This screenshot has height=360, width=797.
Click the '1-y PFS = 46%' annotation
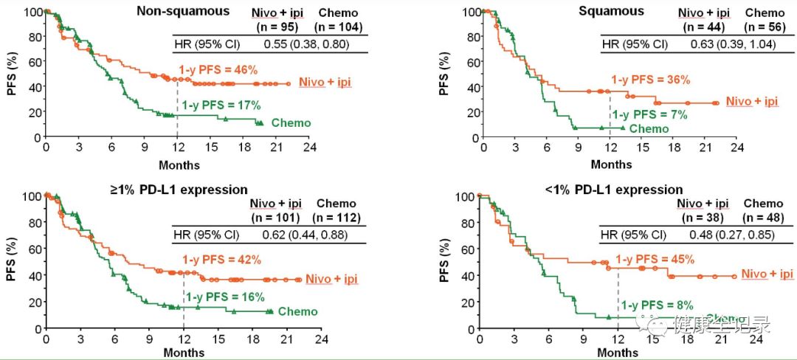pos(218,70)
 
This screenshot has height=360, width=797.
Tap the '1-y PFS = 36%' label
pos(650,80)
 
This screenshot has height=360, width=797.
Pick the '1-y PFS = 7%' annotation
pos(651,114)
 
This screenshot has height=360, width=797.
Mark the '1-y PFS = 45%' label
pos(655,259)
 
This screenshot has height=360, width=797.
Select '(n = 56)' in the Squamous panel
pos(764,26)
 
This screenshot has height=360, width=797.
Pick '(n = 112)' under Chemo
pos(336,218)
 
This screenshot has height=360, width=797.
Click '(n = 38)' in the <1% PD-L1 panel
pos(703,218)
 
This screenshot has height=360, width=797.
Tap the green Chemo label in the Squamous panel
pos(649,129)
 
